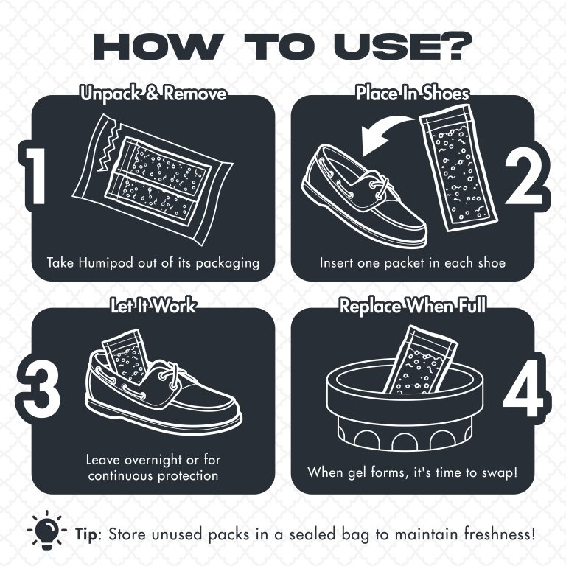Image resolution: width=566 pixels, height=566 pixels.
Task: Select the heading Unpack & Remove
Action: click(x=153, y=94)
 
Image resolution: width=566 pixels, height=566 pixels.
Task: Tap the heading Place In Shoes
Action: click(x=412, y=94)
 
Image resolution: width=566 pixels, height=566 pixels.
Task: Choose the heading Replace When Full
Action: click(x=412, y=306)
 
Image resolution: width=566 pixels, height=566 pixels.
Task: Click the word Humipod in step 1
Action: click(x=108, y=262)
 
